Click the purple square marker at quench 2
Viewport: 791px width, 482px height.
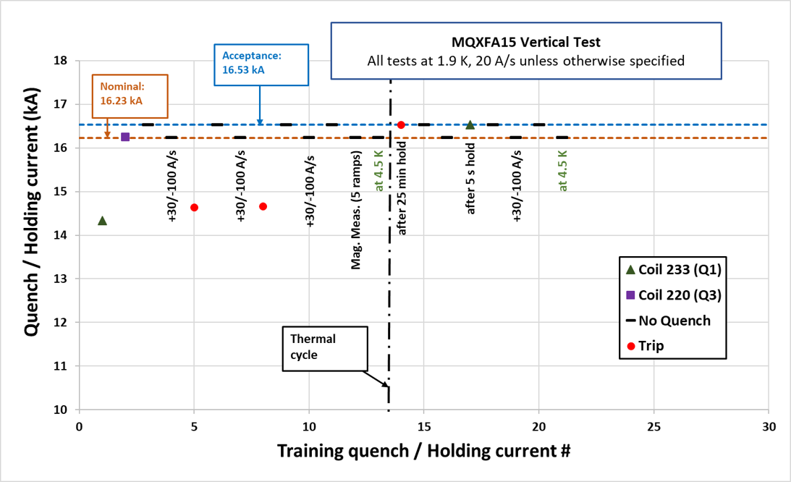(x=125, y=137)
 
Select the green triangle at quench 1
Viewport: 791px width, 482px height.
(x=102, y=221)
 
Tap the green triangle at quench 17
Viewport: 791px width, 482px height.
(x=470, y=125)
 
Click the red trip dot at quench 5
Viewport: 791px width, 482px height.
(x=194, y=208)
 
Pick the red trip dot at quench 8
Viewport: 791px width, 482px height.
(x=263, y=206)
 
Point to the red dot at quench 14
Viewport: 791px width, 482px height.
(x=401, y=124)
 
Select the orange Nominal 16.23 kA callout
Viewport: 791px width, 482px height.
(x=130, y=95)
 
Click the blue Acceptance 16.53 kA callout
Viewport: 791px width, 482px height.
(x=261, y=67)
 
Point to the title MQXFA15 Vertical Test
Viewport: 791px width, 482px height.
(x=526, y=42)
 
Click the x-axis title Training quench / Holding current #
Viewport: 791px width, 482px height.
(x=424, y=450)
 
